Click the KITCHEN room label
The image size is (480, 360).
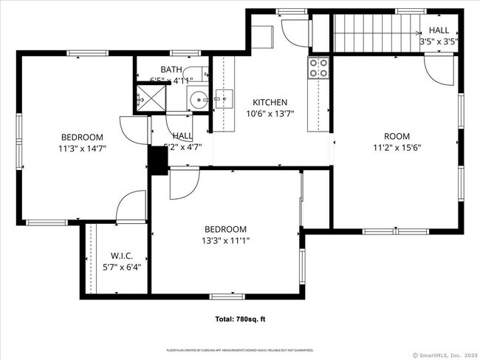coord(270,103)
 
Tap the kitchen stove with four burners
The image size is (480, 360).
coord(318,68)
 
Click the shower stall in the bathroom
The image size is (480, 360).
coord(149,96)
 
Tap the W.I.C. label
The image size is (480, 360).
coord(121,256)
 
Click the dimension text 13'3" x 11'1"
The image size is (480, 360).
coord(225,240)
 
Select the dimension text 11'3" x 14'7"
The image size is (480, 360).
coord(82,148)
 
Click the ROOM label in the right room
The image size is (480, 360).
coord(397,136)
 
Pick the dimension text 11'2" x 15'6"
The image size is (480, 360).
coord(397,147)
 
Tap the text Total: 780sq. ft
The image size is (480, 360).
coord(240,319)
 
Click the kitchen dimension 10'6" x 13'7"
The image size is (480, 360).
coord(270,114)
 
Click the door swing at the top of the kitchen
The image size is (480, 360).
coord(292,31)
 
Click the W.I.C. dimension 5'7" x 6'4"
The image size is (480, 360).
coord(121,268)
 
